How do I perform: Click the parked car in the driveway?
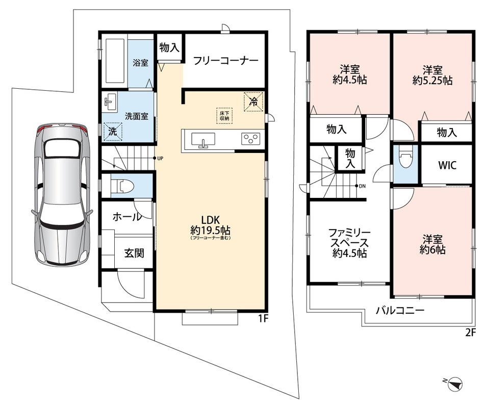click(x=62, y=194)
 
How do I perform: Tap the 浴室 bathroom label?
click(x=140, y=63)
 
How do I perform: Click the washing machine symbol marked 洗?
click(x=113, y=132)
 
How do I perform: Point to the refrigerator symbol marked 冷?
click(x=253, y=101)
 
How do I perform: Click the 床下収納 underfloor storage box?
click(x=224, y=116)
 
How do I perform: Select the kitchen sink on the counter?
click(x=203, y=140)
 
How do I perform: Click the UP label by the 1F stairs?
click(x=160, y=159)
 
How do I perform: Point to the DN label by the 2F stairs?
click(x=362, y=186)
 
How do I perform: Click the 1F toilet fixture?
click(x=122, y=187)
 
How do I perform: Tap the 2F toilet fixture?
click(x=405, y=158)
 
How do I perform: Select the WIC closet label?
click(x=447, y=165)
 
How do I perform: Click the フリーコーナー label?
click(x=225, y=61)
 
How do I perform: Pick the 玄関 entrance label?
click(x=134, y=253)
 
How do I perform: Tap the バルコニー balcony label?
click(x=400, y=311)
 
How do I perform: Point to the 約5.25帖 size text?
click(x=432, y=81)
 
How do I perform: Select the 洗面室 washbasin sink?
click(x=110, y=101)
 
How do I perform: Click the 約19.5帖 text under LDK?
click(x=210, y=231)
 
